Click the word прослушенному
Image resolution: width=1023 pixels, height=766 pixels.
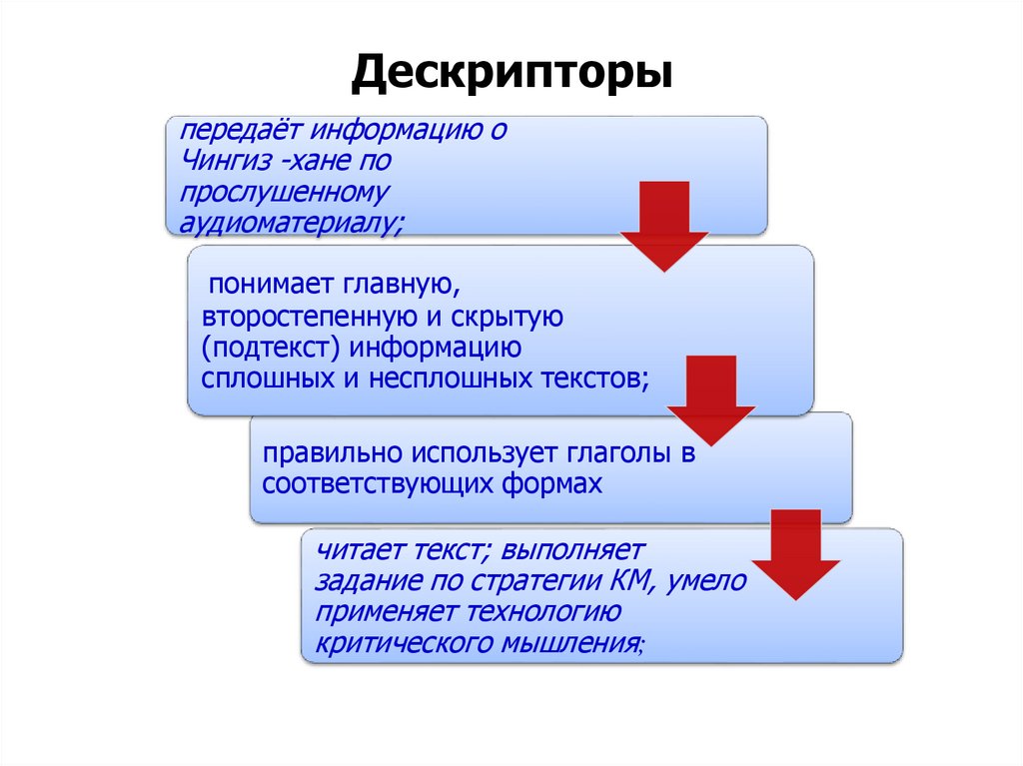284,189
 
